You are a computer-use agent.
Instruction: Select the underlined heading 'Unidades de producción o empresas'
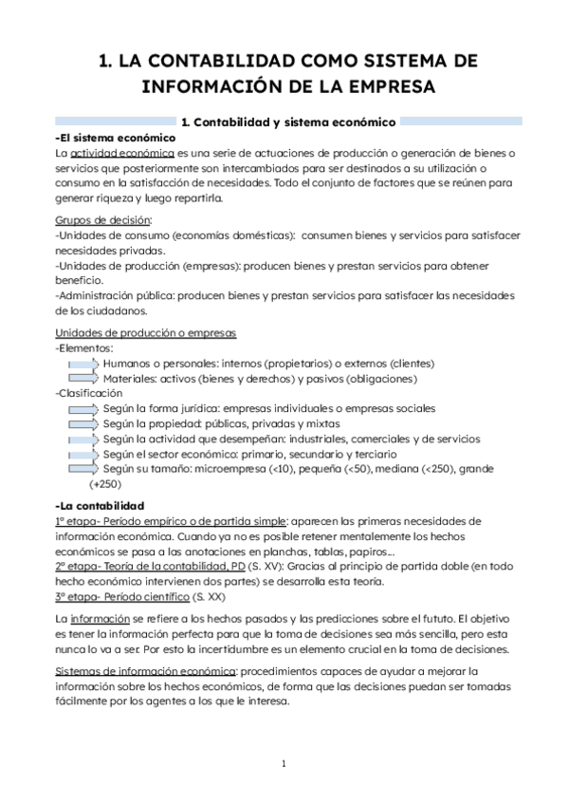(x=146, y=332)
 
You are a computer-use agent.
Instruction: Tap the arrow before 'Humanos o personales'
(x=83, y=364)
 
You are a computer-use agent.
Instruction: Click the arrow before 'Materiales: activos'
(x=83, y=379)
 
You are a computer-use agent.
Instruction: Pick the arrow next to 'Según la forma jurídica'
(x=83, y=408)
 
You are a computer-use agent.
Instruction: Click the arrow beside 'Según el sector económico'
(x=83, y=454)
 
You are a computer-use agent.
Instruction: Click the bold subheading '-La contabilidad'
(x=100, y=505)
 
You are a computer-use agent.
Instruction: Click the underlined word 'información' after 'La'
(x=101, y=619)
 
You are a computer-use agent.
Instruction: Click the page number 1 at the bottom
(x=284, y=763)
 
